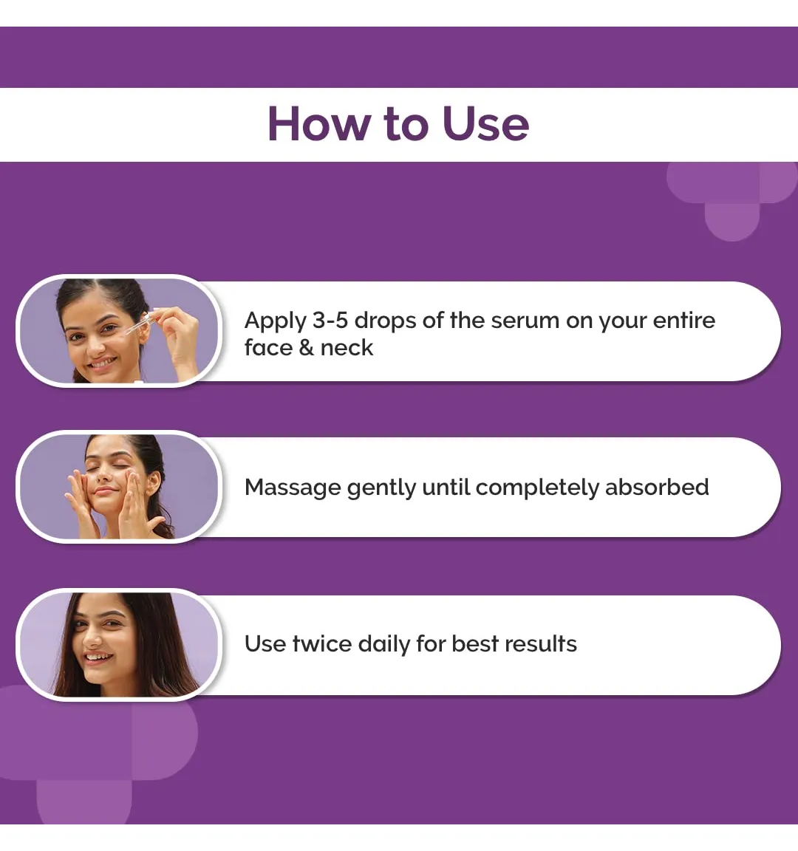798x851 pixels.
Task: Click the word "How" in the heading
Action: click(x=318, y=124)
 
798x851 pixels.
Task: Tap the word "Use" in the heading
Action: click(x=485, y=124)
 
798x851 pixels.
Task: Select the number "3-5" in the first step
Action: click(x=330, y=320)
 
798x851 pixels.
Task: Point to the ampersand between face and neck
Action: click(x=306, y=348)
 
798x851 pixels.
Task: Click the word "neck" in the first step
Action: click(x=347, y=348)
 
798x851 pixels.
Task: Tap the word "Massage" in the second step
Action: click(x=293, y=488)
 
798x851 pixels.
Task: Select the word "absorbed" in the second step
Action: click(x=657, y=487)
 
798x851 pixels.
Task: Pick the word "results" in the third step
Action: click(x=541, y=643)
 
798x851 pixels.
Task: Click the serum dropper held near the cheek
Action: click(x=137, y=324)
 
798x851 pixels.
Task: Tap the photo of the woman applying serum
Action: click(x=119, y=330)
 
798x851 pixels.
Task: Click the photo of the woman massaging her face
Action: click(x=119, y=487)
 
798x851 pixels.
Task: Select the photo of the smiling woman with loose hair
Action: click(x=119, y=644)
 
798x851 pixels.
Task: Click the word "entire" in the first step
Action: click(x=683, y=320)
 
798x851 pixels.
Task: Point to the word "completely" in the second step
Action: click(x=537, y=488)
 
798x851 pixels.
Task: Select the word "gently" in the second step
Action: click(x=381, y=488)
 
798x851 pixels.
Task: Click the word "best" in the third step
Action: click(x=475, y=643)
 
